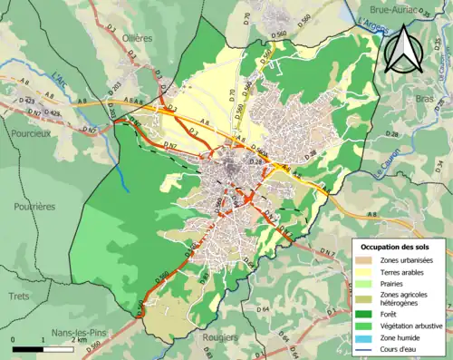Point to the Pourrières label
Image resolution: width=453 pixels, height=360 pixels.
coord(34,206)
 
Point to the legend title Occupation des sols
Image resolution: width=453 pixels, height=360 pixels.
coord(397,247)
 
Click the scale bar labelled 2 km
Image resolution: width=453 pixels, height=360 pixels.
coord(43,347)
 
